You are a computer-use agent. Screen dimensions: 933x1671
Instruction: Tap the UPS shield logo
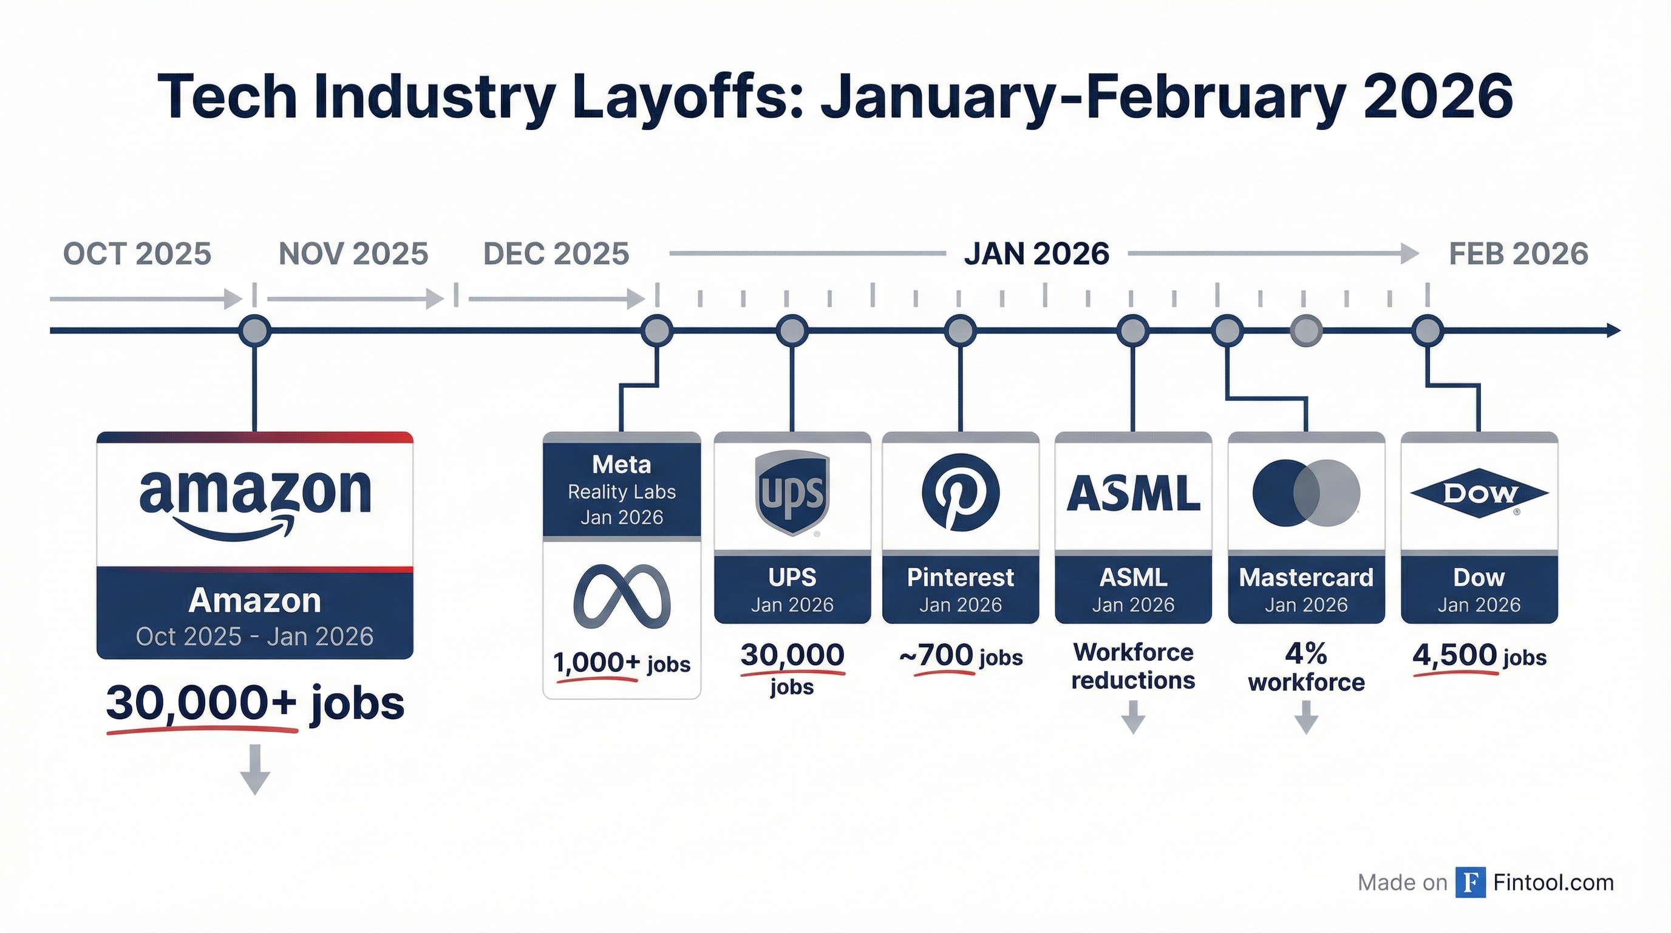pyautogui.click(x=792, y=493)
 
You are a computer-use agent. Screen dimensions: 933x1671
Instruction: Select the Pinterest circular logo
pyautogui.click(x=960, y=493)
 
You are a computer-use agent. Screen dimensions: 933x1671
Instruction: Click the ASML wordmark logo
pyautogui.click(x=1133, y=494)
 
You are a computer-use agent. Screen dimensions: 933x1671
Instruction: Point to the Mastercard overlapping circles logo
pyautogui.click(x=1306, y=493)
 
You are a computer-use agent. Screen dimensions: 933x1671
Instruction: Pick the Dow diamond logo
pyautogui.click(x=1479, y=494)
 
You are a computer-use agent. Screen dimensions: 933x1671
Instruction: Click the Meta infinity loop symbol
pyautogui.click(x=621, y=596)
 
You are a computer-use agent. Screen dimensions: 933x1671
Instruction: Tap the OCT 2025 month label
pyautogui.click(x=137, y=254)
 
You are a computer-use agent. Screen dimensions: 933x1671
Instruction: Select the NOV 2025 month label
pyautogui.click(x=353, y=254)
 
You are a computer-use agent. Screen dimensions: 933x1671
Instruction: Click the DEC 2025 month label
pyautogui.click(x=556, y=254)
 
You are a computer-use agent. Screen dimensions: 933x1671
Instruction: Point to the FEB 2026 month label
pyautogui.click(x=1518, y=254)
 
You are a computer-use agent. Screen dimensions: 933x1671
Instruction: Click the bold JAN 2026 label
pyautogui.click(x=1036, y=254)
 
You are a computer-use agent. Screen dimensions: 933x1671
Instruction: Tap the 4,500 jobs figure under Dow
pyautogui.click(x=1479, y=656)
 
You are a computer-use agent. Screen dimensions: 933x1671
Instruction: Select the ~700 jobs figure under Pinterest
pyautogui.click(x=960, y=656)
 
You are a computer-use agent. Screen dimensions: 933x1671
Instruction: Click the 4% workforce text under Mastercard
pyautogui.click(x=1306, y=667)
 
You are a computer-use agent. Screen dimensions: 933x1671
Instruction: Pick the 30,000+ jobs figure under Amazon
pyautogui.click(x=255, y=703)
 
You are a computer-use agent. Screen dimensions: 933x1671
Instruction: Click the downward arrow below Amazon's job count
pyautogui.click(x=255, y=770)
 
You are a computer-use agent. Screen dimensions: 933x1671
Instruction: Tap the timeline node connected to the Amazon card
pyautogui.click(x=254, y=332)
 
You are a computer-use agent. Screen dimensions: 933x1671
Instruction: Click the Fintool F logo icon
pyautogui.click(x=1470, y=883)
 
